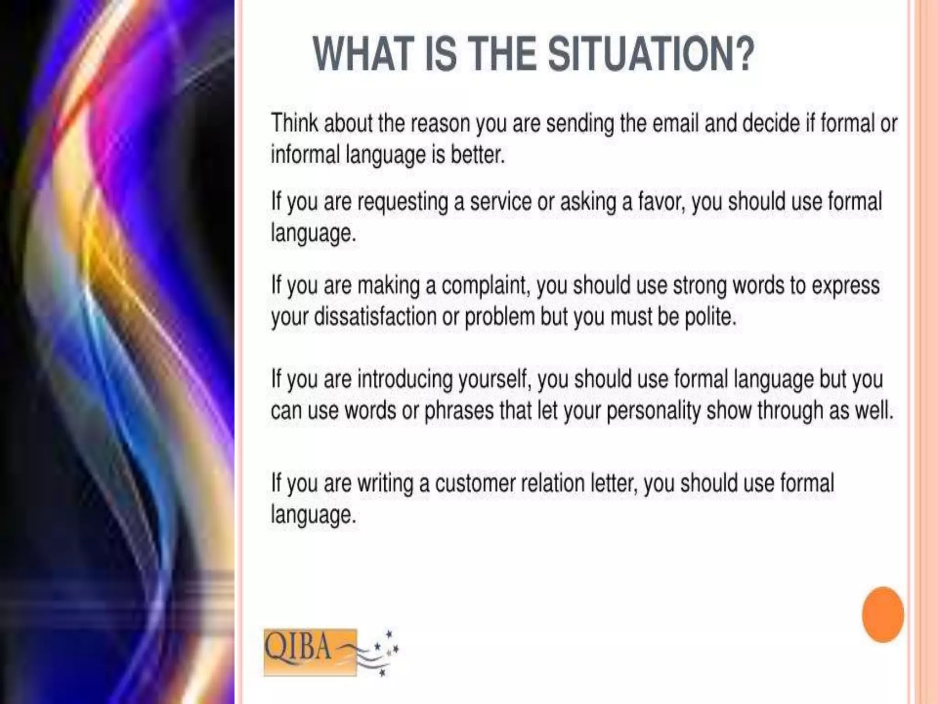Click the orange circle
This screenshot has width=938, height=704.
pyautogui.click(x=883, y=615)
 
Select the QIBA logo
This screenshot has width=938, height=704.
pyautogui.click(x=310, y=652)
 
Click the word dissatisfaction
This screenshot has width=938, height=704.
pyautogui.click(x=375, y=317)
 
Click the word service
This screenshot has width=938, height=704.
pyautogui.click(x=501, y=202)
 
